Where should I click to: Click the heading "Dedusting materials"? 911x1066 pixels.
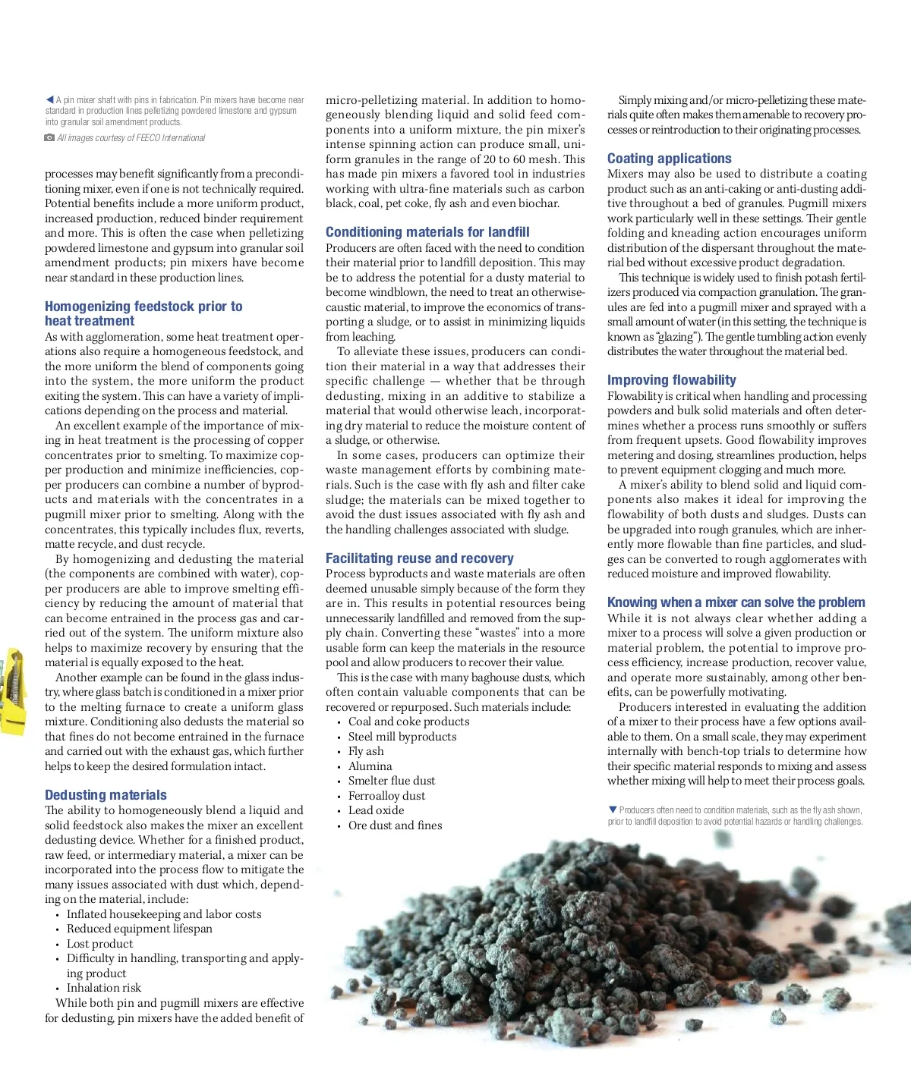coord(106,795)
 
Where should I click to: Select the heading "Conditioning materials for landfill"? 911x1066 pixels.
coord(427,232)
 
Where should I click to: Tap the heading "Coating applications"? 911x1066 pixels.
coord(669,159)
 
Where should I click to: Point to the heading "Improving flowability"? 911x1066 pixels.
coord(671,380)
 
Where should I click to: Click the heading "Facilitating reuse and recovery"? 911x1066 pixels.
coord(419,558)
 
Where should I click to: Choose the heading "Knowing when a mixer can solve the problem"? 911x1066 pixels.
coord(736,602)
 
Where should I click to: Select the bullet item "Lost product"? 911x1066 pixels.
coord(99,944)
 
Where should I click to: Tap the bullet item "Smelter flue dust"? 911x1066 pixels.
coord(391,781)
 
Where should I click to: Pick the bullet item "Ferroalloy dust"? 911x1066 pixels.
coord(386,796)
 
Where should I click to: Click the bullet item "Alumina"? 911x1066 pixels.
coord(370,766)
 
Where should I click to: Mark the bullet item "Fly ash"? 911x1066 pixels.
coord(366,751)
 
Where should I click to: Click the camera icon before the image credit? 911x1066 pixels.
coord(49,137)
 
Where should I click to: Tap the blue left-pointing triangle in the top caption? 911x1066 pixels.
coord(49,99)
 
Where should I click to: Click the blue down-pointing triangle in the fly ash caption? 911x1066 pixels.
coord(613,810)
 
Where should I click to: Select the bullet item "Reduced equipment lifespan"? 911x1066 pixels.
coord(139,929)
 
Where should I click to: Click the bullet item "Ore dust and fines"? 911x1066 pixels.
coord(395,825)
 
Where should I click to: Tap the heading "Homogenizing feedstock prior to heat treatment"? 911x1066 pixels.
coord(143,313)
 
